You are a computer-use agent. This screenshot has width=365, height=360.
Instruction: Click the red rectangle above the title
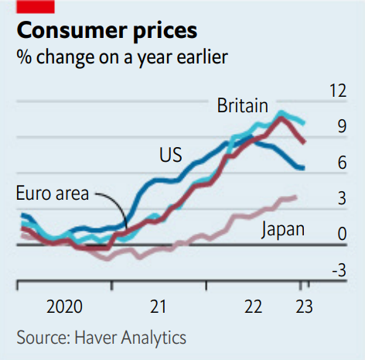(36, 7)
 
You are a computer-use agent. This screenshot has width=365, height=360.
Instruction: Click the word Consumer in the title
(72, 30)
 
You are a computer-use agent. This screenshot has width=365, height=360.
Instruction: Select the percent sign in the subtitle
(24, 57)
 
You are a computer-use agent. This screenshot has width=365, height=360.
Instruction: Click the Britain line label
(243, 105)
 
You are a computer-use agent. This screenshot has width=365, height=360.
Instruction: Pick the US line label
(171, 155)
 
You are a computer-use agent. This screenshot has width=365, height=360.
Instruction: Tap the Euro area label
(53, 193)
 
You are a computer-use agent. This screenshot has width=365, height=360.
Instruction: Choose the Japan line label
(283, 230)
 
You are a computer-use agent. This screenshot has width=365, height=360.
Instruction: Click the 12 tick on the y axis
(338, 91)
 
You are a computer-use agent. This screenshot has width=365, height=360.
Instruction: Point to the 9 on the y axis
(342, 126)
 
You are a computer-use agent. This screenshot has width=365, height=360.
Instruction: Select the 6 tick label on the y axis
(342, 163)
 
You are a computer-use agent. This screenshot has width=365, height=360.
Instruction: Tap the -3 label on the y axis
(339, 270)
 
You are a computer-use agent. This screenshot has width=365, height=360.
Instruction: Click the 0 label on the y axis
(342, 234)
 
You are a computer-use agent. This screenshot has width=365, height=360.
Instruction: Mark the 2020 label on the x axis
(64, 307)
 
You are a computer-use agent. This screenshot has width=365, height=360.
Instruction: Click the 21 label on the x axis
(158, 307)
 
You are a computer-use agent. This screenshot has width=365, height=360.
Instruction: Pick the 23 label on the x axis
(304, 307)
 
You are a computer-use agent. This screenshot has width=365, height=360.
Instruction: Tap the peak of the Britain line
(281, 112)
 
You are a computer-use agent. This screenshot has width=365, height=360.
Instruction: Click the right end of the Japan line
(296, 197)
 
